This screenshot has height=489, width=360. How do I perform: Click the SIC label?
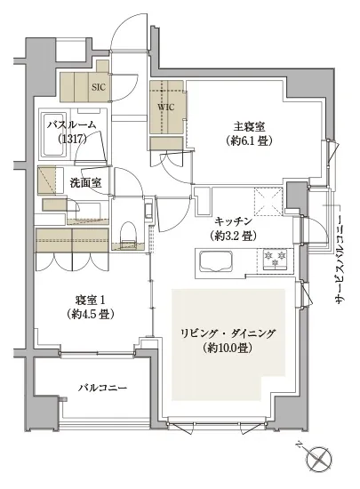coord(98,87)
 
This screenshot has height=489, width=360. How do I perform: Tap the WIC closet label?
coord(166,107)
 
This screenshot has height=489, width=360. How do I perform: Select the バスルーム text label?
coord(71,126)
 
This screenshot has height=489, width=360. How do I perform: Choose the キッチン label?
coord(233,220)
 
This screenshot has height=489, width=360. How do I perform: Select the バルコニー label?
coord(100,389)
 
